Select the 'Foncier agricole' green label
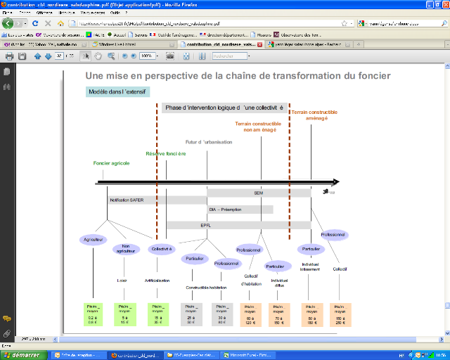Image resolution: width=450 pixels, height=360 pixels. click(112, 163)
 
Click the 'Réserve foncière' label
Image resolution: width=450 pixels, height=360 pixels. click(166, 153)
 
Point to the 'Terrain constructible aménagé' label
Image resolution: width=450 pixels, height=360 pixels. click(314, 115)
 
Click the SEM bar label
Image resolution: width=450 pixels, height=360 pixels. click(258, 192)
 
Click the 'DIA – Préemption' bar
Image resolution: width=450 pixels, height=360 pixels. click(224, 209)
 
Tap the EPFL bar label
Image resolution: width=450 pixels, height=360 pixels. click(205, 225)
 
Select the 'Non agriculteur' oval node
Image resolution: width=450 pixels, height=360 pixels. click(126, 249)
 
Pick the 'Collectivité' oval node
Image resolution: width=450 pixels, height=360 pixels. click(161, 248)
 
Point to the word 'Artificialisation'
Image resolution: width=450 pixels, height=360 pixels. click(157, 281)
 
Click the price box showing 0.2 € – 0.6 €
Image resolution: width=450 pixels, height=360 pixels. click(94, 314)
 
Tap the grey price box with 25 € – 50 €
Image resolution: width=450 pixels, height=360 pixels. click(191, 314)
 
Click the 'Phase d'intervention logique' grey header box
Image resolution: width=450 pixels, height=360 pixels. click(225, 108)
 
